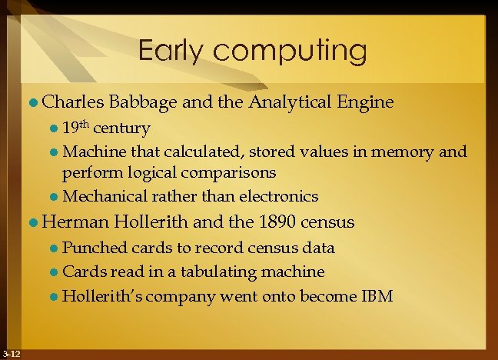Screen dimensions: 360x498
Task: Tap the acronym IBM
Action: (x=376, y=295)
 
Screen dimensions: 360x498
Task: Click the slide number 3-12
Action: (x=11, y=353)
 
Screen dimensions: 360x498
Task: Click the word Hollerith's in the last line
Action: (x=101, y=295)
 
